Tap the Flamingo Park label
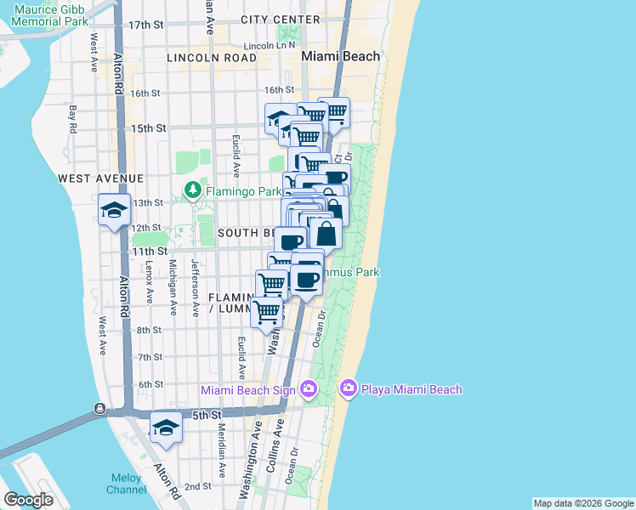click(243, 191)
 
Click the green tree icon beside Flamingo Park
click(195, 190)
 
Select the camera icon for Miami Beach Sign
click(308, 389)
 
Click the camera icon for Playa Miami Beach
click(348, 389)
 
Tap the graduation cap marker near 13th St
click(114, 209)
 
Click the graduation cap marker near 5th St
click(166, 428)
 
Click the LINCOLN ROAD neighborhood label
click(212, 58)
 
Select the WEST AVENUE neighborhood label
click(101, 178)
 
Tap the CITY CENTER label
click(281, 20)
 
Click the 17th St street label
click(145, 25)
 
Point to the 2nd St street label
click(197, 486)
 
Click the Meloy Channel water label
click(126, 484)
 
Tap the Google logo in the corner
click(28, 500)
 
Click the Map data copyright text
click(583, 503)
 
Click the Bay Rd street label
click(74, 119)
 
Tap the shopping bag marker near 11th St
click(325, 232)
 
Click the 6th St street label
click(150, 384)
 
